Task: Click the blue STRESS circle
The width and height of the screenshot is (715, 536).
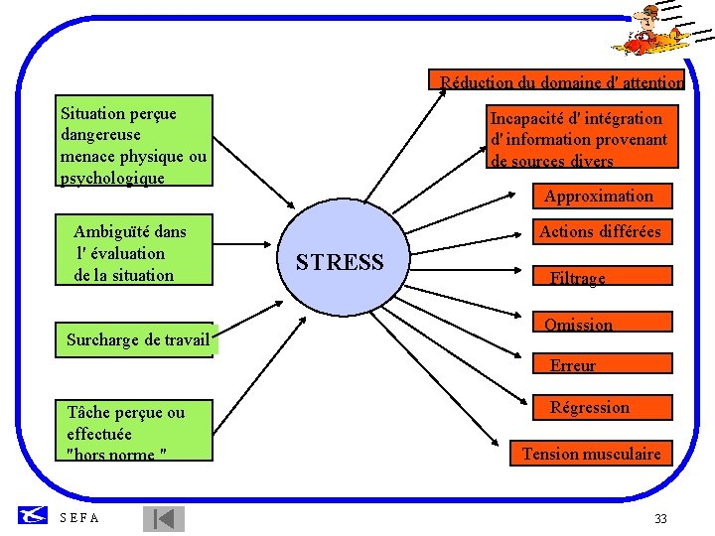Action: (339, 261)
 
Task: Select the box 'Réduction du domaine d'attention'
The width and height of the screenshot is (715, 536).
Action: (556, 81)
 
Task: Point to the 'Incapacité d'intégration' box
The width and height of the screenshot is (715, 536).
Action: (580, 138)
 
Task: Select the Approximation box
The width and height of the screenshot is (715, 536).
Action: (598, 197)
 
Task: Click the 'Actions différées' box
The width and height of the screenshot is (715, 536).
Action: (600, 232)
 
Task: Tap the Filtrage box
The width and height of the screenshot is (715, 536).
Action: (579, 278)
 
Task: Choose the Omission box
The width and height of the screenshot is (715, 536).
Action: (579, 325)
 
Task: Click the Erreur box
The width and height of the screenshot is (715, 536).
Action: (574, 365)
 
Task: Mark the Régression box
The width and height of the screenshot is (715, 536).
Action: (590, 407)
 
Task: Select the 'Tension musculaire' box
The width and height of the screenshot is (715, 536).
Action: (592, 454)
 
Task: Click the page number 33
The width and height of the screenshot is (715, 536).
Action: (660, 519)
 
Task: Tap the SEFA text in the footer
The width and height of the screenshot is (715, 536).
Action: (80, 518)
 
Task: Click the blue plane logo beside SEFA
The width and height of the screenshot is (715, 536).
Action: (34, 515)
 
